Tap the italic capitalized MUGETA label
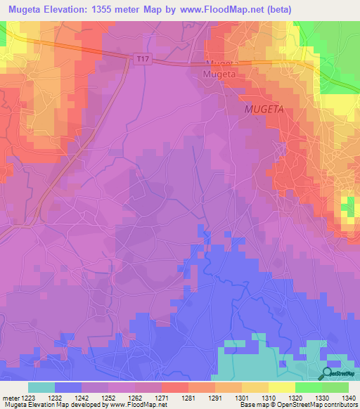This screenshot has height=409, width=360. pyautogui.click(x=264, y=110)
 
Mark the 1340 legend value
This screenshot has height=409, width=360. pyautogui.click(x=347, y=397)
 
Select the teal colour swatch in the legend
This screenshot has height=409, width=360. pyautogui.click(x=41, y=387)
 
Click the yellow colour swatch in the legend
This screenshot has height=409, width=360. pyautogui.click(x=281, y=387)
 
